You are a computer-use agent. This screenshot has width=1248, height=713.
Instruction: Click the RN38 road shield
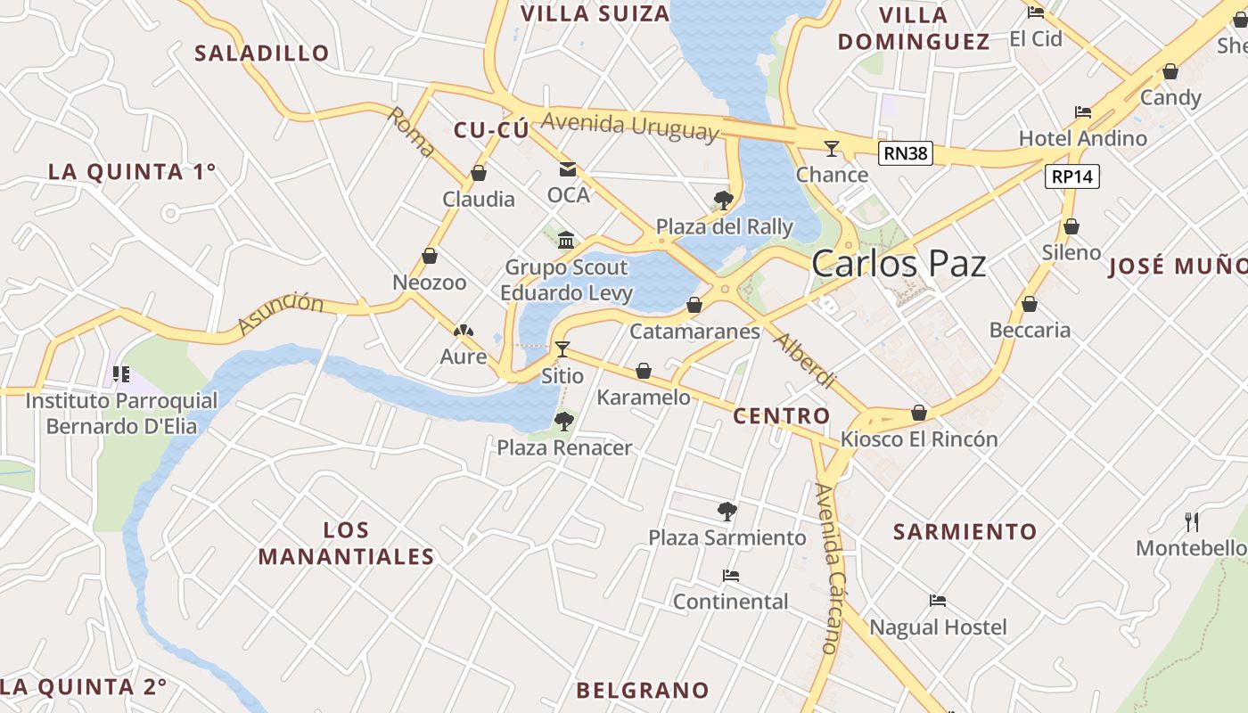pyautogui.click(x=906, y=153)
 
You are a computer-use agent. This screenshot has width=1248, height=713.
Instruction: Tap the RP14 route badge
pyautogui.click(x=1071, y=176)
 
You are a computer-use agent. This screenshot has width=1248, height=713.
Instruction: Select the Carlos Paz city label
pyautogui.click(x=899, y=264)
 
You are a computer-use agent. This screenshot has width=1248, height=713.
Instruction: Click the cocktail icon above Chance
pyautogui.click(x=832, y=148)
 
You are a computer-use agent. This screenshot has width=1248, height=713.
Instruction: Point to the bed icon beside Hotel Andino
pyautogui.click(x=1083, y=112)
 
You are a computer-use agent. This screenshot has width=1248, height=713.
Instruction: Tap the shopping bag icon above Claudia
pyautogui.click(x=479, y=173)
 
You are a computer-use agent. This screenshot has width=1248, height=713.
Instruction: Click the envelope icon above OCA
pyautogui.click(x=568, y=168)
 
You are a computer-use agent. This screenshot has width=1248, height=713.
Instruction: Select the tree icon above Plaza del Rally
pyautogui.click(x=724, y=200)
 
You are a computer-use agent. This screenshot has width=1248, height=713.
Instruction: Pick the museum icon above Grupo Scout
pyautogui.click(x=566, y=240)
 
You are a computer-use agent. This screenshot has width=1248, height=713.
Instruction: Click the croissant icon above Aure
pyautogui.click(x=463, y=332)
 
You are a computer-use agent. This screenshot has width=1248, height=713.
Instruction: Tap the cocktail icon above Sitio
pyautogui.click(x=562, y=348)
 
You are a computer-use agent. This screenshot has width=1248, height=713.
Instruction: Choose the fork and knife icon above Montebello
pyautogui.click(x=1191, y=520)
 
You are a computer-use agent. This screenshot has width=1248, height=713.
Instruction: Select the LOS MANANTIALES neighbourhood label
pyautogui.click(x=346, y=544)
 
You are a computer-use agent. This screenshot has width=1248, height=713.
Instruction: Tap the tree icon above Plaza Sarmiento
pyautogui.click(x=727, y=511)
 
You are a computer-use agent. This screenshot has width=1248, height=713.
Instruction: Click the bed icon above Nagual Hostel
pyautogui.click(x=938, y=601)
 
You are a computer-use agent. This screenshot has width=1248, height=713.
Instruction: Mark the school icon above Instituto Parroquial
pyautogui.click(x=121, y=374)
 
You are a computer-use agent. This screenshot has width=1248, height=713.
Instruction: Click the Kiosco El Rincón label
pyautogui.click(x=919, y=439)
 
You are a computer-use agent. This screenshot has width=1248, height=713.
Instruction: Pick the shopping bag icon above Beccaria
pyautogui.click(x=1030, y=304)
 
